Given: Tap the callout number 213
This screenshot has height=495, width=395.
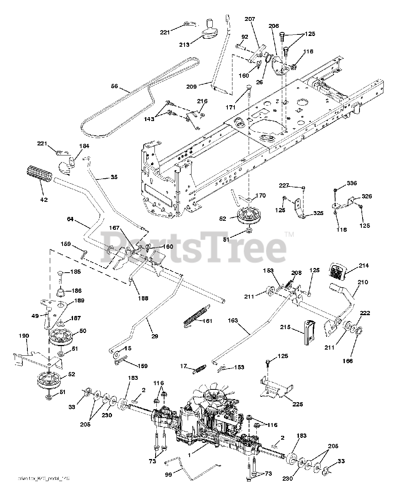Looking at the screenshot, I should tap(184, 44).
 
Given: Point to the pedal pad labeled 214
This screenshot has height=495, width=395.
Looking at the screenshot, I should tap(338, 271).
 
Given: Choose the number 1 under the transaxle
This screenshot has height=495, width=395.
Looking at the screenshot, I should tap(189, 456).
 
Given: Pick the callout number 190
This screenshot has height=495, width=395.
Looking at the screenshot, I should tap(24, 336).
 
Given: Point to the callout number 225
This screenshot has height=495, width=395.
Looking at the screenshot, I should tap(297, 404).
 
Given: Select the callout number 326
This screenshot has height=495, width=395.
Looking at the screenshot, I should tap(367, 196).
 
